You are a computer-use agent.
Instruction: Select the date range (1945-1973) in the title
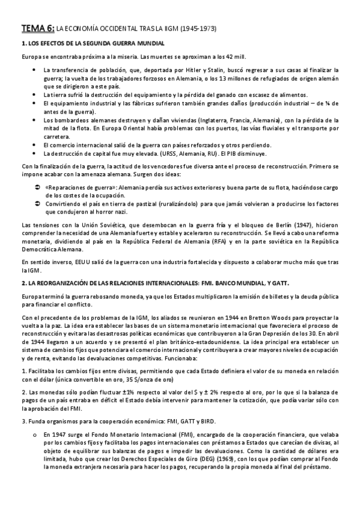tap(198, 28)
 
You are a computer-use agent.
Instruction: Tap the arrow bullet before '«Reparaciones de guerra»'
tap(37, 188)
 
